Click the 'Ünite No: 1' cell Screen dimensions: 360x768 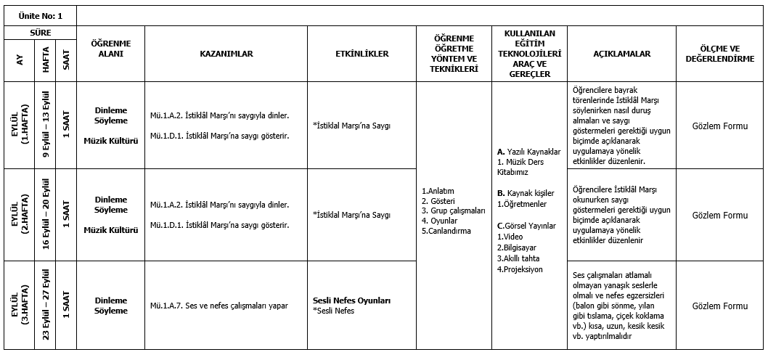coord(39,15)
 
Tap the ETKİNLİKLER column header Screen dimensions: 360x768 coord(361,54)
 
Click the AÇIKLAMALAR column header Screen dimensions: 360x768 coord(621,54)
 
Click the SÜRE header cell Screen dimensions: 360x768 coord(39,33)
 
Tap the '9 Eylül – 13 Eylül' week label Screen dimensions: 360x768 coord(46,126)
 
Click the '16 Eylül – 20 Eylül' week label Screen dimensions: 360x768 coord(46,215)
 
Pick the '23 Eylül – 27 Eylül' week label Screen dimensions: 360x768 coord(46,306)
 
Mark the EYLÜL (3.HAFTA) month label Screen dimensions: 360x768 coord(19,306)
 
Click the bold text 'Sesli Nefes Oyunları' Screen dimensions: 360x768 coord(352,300)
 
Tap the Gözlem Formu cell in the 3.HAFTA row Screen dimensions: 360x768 coord(719,306)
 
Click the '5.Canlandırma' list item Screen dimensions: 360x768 coord(446,231)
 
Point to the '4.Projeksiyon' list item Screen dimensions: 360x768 coord(520,269)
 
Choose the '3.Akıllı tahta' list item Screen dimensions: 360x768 coord(518,258)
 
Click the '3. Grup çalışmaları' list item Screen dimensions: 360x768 coord(453,210)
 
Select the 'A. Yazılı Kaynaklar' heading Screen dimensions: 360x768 coord(528,152)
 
